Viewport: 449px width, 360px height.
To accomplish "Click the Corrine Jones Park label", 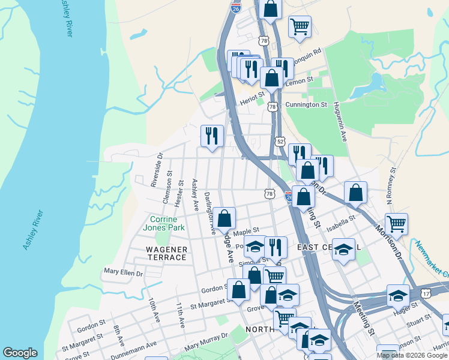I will [x=163, y=223].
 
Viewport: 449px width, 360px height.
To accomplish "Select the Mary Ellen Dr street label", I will [x=123, y=272].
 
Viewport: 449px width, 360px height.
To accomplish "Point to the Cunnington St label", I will [x=306, y=104].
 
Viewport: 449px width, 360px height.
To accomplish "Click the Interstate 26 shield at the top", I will [x=235, y=8].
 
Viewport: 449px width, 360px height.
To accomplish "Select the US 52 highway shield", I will [x=280, y=141].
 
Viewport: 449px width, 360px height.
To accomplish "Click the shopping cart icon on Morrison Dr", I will [x=396, y=224].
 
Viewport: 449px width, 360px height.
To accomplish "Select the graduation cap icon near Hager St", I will [x=398, y=295].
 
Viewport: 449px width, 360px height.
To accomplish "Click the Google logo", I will [x=20, y=353].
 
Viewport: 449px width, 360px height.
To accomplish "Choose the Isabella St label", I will [x=341, y=224].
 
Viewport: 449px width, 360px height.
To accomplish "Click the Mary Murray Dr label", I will [x=206, y=341].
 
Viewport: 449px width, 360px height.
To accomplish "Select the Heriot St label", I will [x=252, y=97].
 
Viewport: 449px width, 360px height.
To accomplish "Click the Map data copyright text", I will [x=412, y=355].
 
